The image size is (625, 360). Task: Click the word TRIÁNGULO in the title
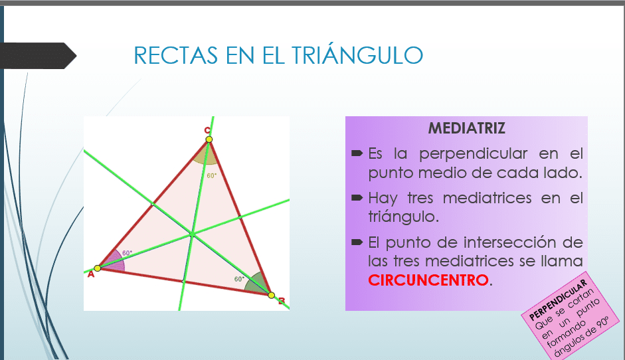[357, 54]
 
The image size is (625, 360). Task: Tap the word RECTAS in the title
[176, 55]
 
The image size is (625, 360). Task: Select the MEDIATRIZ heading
[466, 128]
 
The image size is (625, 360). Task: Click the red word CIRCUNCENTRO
[428, 280]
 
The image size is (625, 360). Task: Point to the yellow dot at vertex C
[209, 139]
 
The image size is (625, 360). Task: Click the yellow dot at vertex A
[97, 268]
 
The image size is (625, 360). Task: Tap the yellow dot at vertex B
[271, 296]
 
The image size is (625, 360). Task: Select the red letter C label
[207, 130]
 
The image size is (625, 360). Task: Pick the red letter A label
[91, 274]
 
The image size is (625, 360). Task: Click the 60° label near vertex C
[212, 175]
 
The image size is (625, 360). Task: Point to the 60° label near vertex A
[127, 253]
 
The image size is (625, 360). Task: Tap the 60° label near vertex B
[239, 279]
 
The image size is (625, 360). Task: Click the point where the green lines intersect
[192, 234]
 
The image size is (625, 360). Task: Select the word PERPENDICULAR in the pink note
[558, 300]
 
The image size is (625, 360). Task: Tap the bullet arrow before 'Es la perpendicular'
[357, 153]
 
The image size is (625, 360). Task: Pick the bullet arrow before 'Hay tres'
[357, 197]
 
